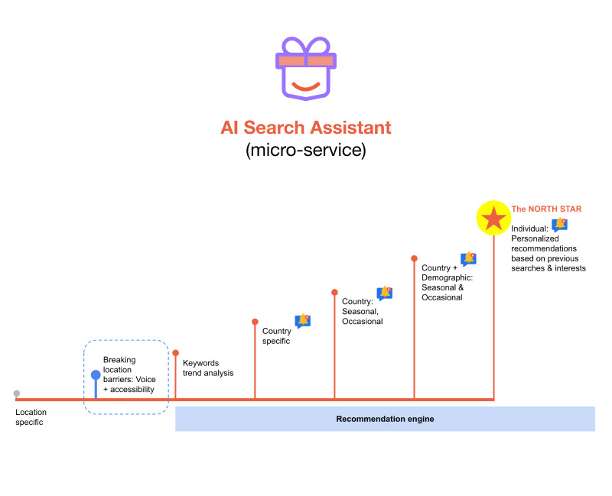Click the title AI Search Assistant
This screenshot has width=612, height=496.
pyautogui.click(x=306, y=127)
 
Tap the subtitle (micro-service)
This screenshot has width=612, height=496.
pyautogui.click(x=306, y=150)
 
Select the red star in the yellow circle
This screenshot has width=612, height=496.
pyautogui.click(x=493, y=219)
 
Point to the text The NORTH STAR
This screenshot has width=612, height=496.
pyautogui.click(x=546, y=209)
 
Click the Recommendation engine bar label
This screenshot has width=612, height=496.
pyautogui.click(x=385, y=419)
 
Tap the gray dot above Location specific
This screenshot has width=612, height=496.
pyautogui.click(x=17, y=394)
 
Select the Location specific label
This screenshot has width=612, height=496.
pyautogui.click(x=31, y=417)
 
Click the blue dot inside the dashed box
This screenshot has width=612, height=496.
pyautogui.click(x=96, y=375)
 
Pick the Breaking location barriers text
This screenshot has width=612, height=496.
pyautogui.click(x=129, y=374)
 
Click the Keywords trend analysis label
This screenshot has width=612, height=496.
pyautogui.click(x=208, y=368)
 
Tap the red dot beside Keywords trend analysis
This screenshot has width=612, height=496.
pyautogui.click(x=176, y=353)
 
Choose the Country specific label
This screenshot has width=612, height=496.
pyautogui.click(x=276, y=336)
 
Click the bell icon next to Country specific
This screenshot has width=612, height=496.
pyautogui.click(x=303, y=321)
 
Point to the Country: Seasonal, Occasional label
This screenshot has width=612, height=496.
pyautogui.click(x=362, y=312)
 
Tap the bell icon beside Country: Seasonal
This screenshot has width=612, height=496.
pyautogui.click(x=385, y=293)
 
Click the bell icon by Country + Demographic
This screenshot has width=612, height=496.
pyautogui.click(x=468, y=260)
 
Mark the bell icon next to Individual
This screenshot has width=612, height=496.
pyautogui.click(x=560, y=225)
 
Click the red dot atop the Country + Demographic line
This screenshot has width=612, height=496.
pyautogui.click(x=414, y=258)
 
